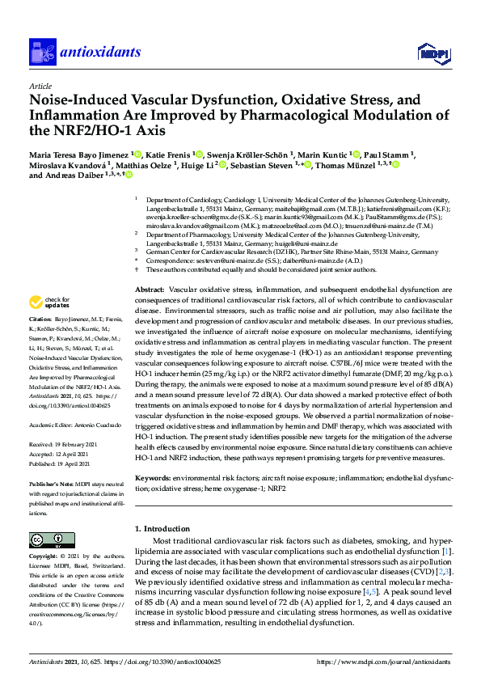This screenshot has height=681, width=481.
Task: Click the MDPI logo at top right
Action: (432, 53)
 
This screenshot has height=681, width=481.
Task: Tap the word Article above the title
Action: (40, 86)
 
